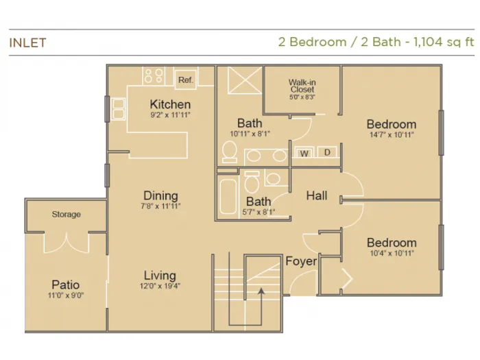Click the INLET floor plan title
point(28,43)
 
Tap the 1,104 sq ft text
point(444,42)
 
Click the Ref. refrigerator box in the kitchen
point(186,80)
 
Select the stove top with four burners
point(154,75)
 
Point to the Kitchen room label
point(170,104)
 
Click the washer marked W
point(304,153)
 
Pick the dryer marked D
point(327,152)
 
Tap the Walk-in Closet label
point(302,86)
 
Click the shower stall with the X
point(245,80)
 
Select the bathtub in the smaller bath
point(228,197)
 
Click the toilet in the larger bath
point(229,152)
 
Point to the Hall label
point(317,195)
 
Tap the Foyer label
point(301,261)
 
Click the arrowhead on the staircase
point(261,291)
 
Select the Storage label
point(66,215)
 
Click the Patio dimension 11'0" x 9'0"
point(66,296)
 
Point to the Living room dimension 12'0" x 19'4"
point(160,286)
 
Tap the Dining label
point(160,195)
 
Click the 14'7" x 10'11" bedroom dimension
point(392,134)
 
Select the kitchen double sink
point(118,109)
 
